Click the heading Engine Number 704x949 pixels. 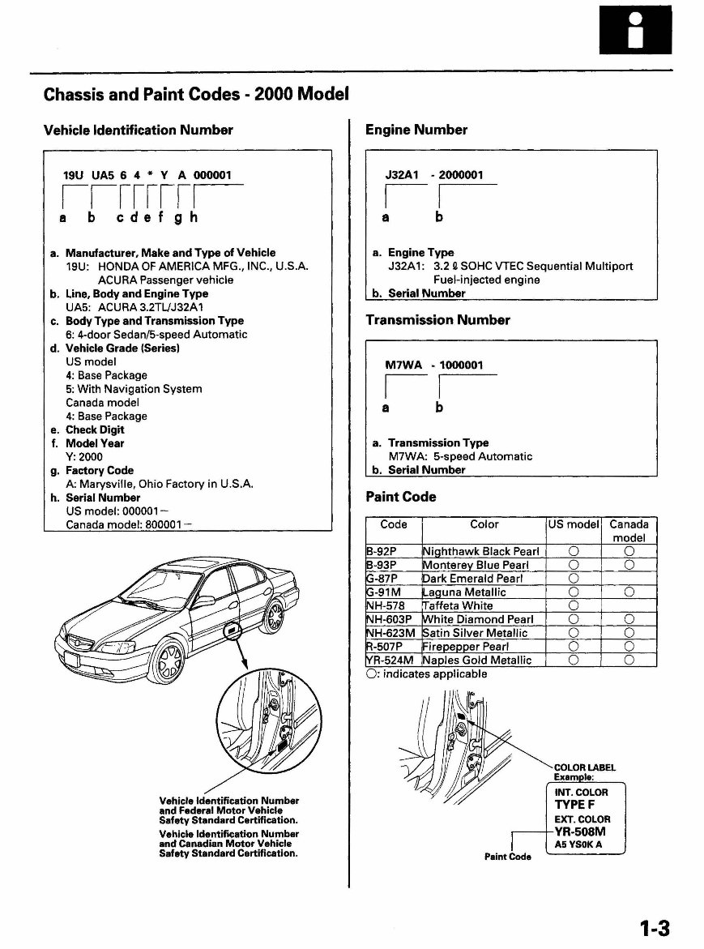point(416,130)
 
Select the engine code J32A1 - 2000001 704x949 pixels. point(433,175)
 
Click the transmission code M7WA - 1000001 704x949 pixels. point(433,365)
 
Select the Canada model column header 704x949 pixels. point(629,531)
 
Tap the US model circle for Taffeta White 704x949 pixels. point(573,605)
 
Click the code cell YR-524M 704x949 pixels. point(392,660)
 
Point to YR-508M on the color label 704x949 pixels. point(580,831)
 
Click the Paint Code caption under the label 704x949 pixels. point(508,857)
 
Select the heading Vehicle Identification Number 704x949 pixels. point(138,130)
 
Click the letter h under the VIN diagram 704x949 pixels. point(194,218)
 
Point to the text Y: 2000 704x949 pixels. point(85,457)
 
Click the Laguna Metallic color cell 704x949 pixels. point(464,592)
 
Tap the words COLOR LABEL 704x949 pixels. point(584,767)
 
